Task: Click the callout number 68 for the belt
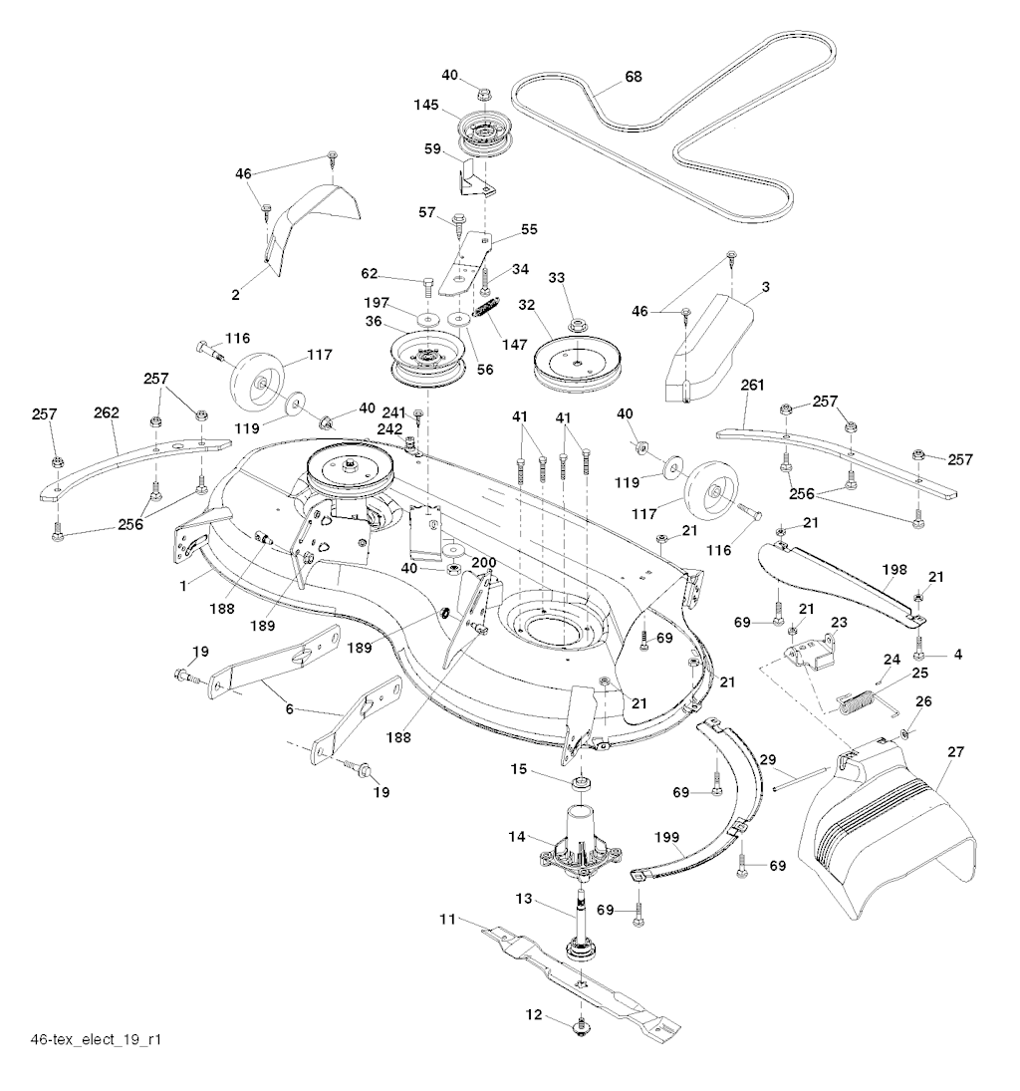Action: [633, 76]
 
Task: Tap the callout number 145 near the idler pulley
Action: [426, 104]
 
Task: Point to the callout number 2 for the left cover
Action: [235, 295]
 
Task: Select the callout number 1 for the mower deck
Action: [183, 588]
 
